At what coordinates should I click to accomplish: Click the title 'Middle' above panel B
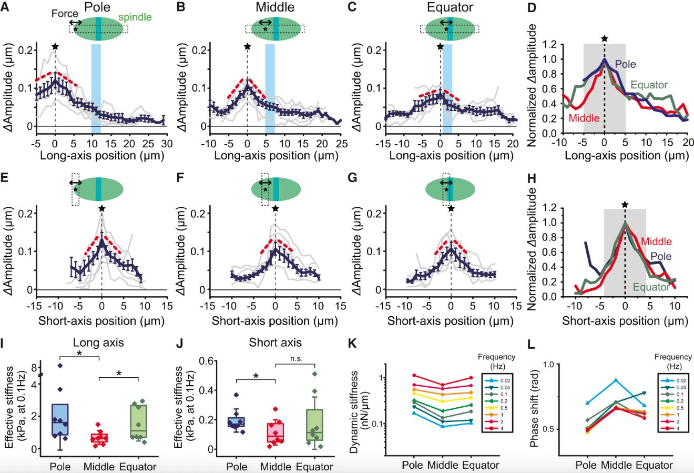point(273,8)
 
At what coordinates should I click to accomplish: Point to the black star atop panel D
point(605,38)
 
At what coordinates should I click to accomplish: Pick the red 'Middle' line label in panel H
point(657,241)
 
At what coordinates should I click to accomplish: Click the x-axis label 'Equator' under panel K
point(480,465)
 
